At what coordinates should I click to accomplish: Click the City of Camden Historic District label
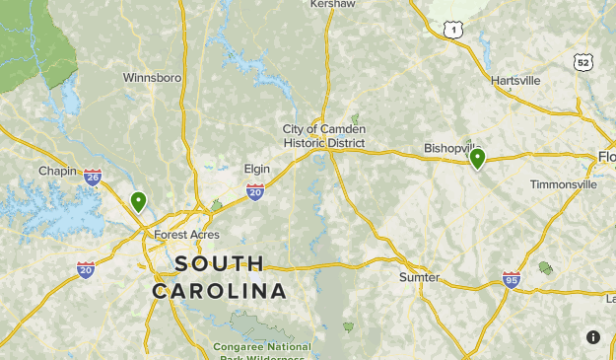[323, 136]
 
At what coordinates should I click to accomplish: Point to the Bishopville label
[450, 148]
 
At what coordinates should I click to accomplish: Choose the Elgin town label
[256, 169]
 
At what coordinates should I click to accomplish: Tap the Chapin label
[57, 171]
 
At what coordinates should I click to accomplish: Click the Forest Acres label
[186, 235]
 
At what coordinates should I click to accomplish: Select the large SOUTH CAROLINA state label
[220, 277]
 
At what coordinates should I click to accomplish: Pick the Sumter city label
[419, 277]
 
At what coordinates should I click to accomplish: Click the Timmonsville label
[563, 184]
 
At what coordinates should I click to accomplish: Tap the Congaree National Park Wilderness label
[261, 347]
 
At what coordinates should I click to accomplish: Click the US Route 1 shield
[453, 31]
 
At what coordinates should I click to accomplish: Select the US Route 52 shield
[585, 62]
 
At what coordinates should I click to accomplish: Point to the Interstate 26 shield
[93, 178]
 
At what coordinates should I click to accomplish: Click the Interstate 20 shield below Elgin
[255, 192]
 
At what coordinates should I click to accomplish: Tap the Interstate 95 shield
[511, 280]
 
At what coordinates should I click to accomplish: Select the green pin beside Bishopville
[477, 158]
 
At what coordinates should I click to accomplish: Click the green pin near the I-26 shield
[139, 202]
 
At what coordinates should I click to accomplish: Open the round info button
[593, 337]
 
